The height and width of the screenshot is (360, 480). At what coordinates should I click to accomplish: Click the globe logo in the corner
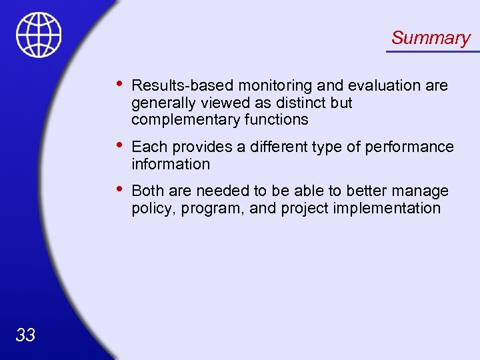coord(39,35)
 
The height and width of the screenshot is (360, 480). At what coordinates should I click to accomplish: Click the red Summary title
coord(431,38)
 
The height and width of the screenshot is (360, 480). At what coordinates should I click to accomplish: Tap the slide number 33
coord(25,335)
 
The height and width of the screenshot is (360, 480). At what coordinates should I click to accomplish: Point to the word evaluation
coord(371,86)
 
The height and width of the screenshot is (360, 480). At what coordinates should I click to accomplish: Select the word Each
coord(148,147)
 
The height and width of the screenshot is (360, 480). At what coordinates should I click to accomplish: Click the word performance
coord(413,147)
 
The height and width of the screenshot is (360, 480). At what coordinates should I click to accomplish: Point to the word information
coord(171,164)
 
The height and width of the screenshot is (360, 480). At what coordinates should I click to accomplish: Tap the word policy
coord(151,208)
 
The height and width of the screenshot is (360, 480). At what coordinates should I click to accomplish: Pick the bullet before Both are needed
coord(118,189)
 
